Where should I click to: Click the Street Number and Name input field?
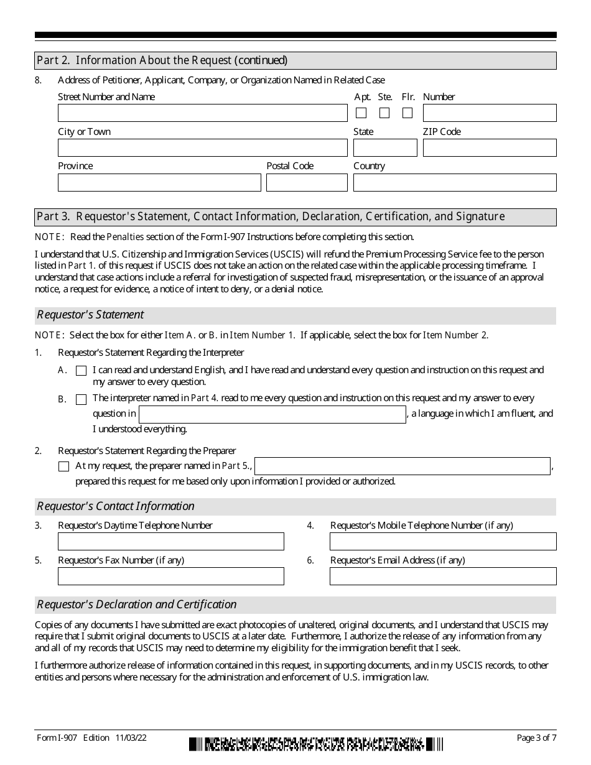pos(202,113)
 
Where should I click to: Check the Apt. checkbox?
pos(361,113)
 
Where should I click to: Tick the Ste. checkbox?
pos(384,113)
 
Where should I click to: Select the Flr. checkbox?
pos(407,113)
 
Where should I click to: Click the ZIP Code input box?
pos(490,148)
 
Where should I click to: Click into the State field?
pos(385,148)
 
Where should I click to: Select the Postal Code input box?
pos(307,183)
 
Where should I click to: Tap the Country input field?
pos(455,183)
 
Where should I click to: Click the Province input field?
pos(159,183)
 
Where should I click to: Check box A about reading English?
pos(81,371)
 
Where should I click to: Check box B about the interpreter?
pos(81,399)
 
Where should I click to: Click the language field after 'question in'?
pos(272,415)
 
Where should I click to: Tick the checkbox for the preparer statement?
pos(63,466)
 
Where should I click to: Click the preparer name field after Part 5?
pos(403,466)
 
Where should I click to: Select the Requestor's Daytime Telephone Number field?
pos(171,542)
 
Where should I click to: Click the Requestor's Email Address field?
pos(443,577)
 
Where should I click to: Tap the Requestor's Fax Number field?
pos(171,577)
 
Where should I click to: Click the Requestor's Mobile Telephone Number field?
pos(443,542)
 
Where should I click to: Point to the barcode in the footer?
pos(316,744)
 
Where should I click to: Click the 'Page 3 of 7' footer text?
pos(536,738)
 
